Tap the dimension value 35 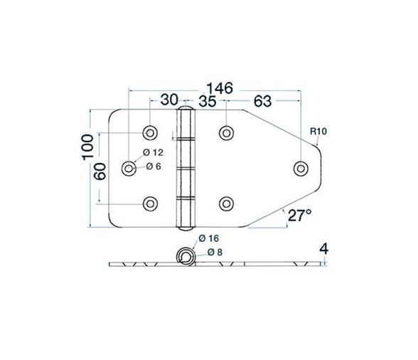tap(208, 102)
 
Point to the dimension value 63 tap(262, 102)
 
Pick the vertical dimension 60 tap(101, 171)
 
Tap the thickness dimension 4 tap(323, 250)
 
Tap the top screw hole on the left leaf tap(150, 132)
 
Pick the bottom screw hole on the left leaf tap(150, 203)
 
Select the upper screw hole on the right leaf tap(227, 132)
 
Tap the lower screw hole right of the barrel tap(227, 203)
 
